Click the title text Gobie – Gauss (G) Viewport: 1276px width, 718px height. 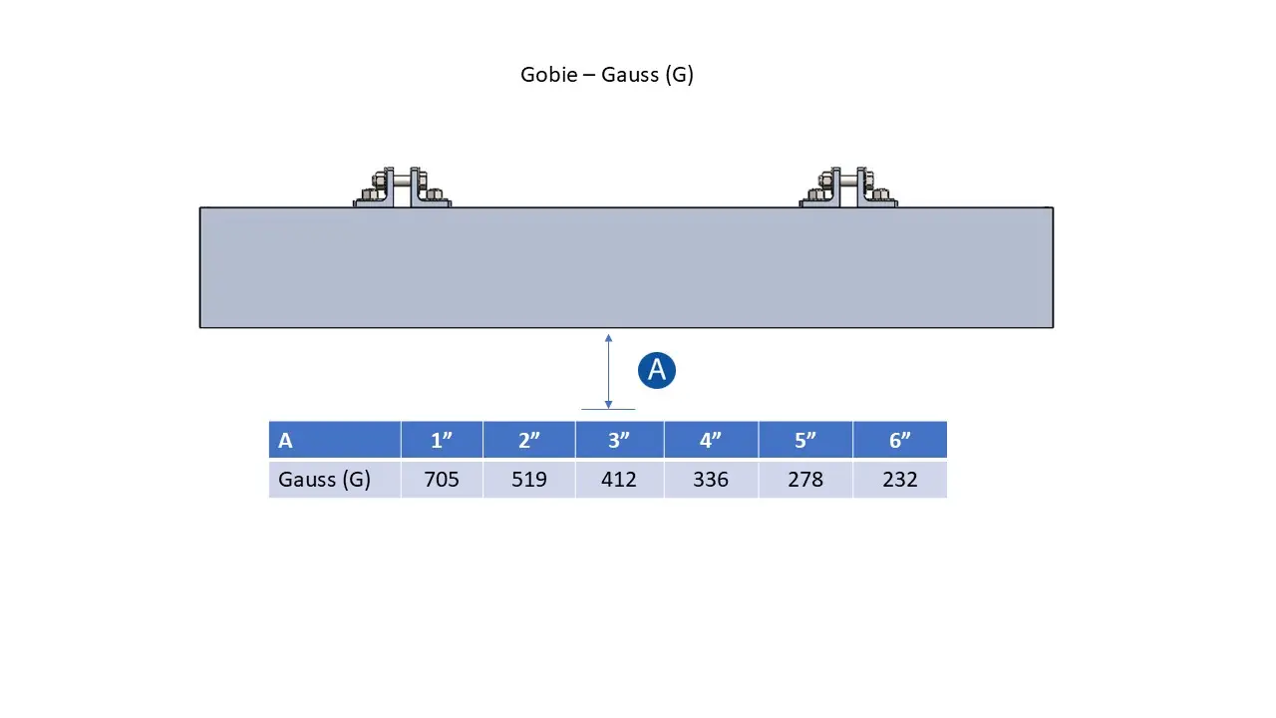pos(607,75)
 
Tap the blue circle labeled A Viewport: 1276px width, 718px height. pos(657,370)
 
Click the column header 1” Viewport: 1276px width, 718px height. pos(442,440)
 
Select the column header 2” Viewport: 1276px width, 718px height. pos(529,440)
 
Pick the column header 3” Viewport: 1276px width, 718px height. pos(619,440)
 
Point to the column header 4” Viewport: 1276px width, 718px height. pos(711,440)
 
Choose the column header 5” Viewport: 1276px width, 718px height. pos(805,440)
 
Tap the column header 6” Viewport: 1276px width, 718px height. pos(900,440)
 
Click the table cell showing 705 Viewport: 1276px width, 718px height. pos(442,480)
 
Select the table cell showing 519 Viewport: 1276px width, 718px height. pos(529,480)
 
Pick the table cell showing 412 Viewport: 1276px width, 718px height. pos(619,480)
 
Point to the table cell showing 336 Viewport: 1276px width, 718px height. pos(711,480)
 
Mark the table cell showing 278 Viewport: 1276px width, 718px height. pos(805,480)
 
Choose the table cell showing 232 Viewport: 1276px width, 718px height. pos(900,480)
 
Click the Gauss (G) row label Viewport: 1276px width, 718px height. pos(324,480)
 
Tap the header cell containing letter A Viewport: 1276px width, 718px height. pos(335,440)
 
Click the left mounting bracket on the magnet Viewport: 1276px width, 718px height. pos(402,186)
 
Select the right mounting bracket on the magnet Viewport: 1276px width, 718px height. pos(848,186)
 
